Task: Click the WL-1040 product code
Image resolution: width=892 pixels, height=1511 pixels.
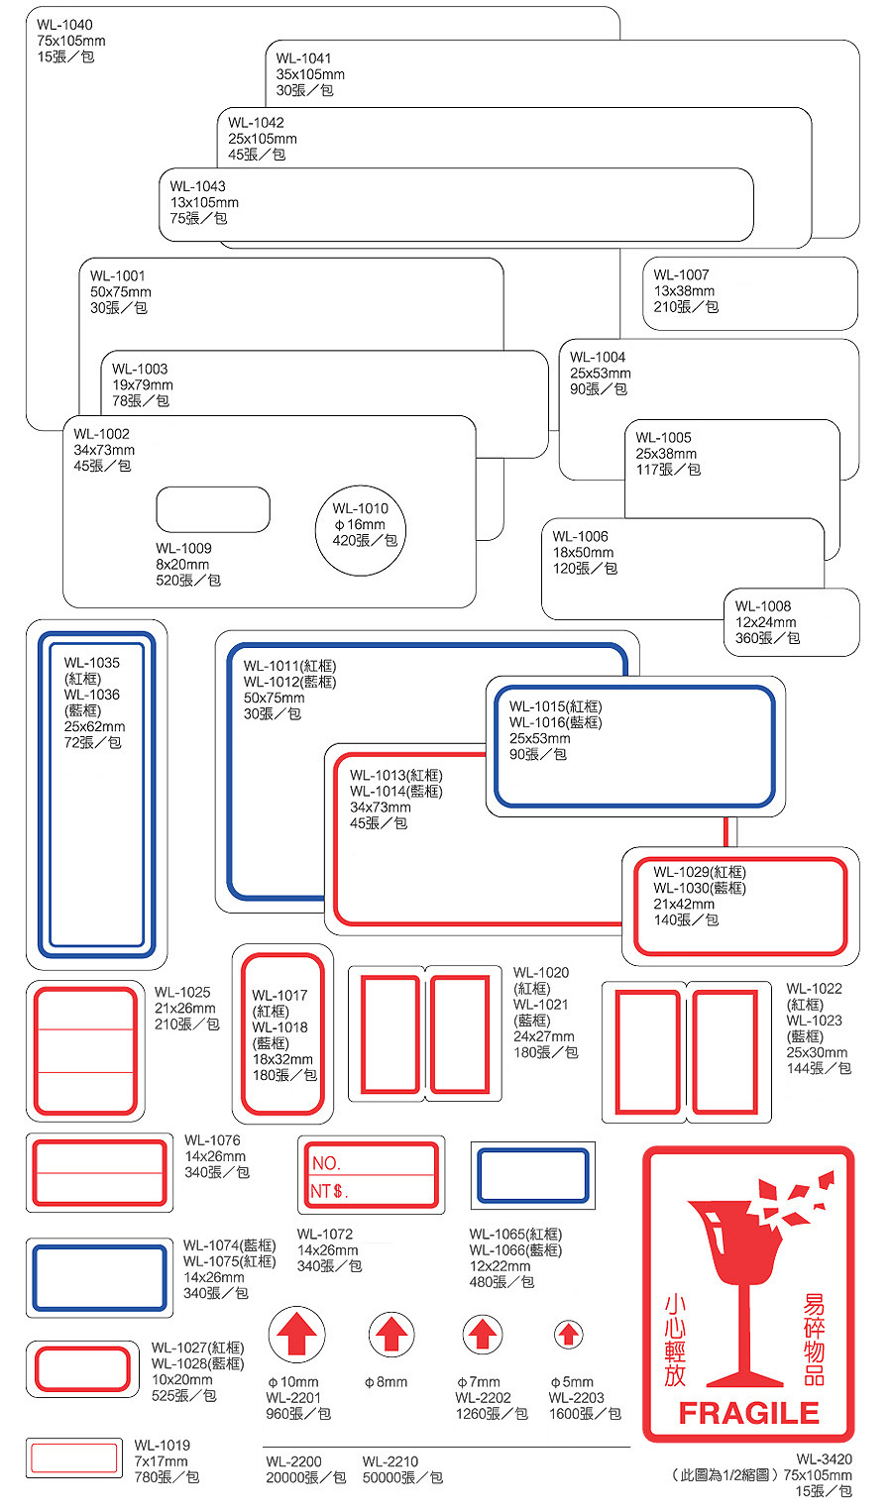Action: [x=64, y=25]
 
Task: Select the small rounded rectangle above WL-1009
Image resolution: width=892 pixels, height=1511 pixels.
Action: [x=212, y=509]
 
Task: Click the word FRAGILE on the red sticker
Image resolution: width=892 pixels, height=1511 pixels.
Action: [x=748, y=1413]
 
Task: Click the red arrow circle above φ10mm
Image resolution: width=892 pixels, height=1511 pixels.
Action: [x=297, y=1335]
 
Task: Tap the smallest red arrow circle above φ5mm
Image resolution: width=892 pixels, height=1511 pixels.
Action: [x=568, y=1335]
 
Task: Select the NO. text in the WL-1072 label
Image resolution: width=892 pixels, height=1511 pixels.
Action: [x=327, y=1163]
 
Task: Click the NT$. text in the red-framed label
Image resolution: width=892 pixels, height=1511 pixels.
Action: [x=329, y=1191]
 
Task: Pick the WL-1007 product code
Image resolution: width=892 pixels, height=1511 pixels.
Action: [x=681, y=275]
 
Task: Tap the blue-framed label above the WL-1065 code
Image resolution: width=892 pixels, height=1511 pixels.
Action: [x=532, y=1176]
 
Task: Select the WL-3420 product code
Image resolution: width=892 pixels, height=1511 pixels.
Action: [x=824, y=1458]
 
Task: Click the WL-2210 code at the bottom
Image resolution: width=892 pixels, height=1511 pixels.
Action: [x=390, y=1461]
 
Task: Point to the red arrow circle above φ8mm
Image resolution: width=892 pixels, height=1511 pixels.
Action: [x=391, y=1335]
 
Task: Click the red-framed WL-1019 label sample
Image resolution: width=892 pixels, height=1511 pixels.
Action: [x=74, y=1457]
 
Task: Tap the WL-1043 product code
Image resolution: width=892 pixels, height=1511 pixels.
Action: [x=197, y=186]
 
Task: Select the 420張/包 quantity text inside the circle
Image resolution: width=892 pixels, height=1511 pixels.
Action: [x=365, y=540]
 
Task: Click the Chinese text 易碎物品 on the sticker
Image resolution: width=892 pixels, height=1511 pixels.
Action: [x=814, y=1340]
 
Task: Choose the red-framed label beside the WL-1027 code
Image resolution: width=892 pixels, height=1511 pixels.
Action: [x=81, y=1369]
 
